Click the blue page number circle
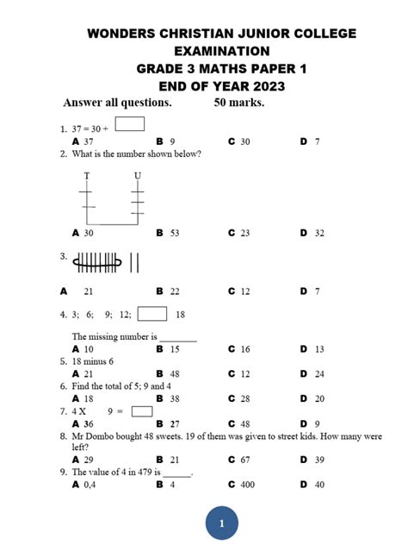point(221,523)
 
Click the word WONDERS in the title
point(122,34)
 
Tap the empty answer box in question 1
point(129,123)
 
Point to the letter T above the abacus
point(87,176)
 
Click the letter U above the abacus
point(138,176)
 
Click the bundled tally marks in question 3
point(97,260)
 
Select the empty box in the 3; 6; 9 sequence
point(152,314)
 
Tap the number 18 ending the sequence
point(180,315)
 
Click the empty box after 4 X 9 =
point(142,411)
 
